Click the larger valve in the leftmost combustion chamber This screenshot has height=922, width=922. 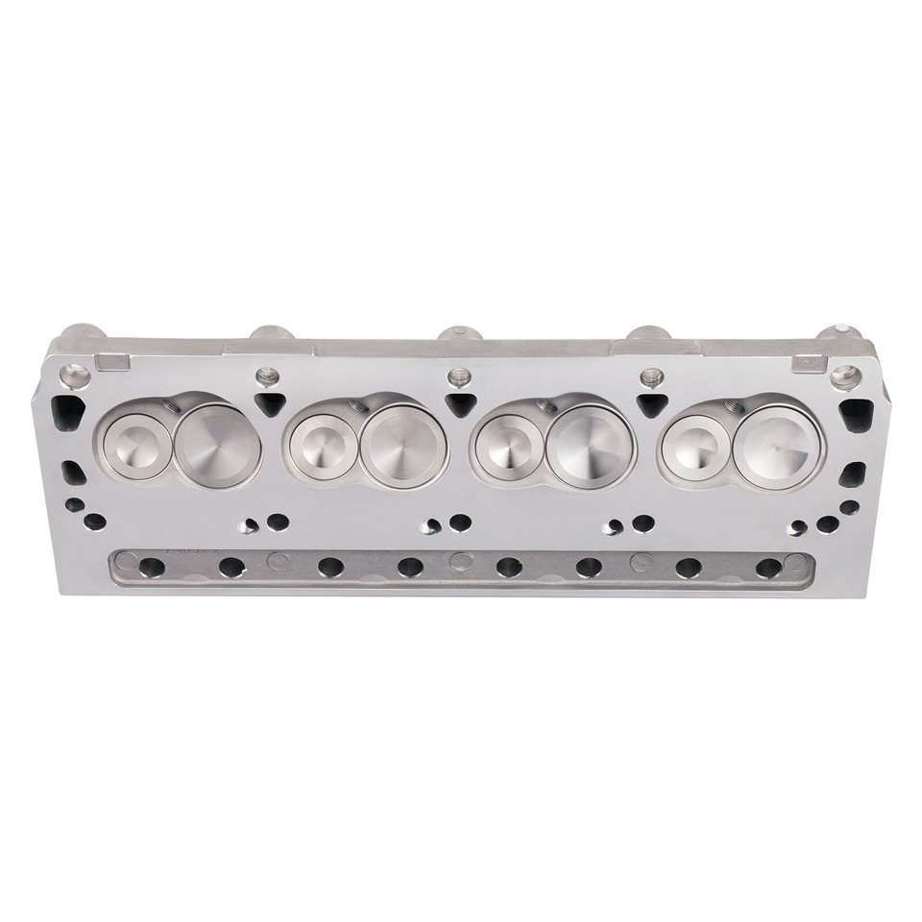coord(217,443)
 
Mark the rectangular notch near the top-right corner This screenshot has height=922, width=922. coord(805,363)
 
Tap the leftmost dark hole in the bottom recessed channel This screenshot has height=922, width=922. coord(151,567)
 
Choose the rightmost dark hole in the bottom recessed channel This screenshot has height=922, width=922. coord(768,567)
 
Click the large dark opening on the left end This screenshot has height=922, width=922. coord(67,413)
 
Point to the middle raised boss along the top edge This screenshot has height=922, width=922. coord(458,336)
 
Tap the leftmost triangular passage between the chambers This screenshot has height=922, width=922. coord(271,403)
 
